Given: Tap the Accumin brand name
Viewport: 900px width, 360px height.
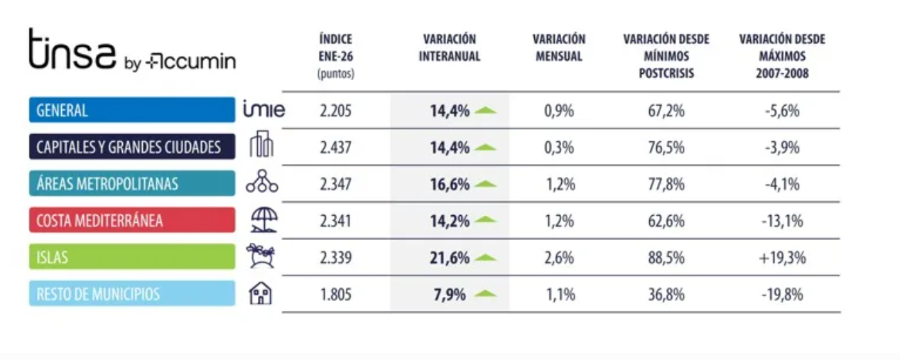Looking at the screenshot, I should click(x=190, y=62).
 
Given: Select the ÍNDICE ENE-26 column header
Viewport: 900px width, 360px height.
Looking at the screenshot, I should click(x=335, y=55).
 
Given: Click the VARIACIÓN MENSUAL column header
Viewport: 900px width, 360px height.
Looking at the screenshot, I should click(x=559, y=48).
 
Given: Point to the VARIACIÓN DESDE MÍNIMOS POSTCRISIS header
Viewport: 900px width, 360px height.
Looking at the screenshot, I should click(x=666, y=55).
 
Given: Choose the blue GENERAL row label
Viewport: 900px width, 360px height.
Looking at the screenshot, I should click(x=131, y=110).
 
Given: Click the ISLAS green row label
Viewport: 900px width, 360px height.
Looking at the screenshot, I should click(x=131, y=257).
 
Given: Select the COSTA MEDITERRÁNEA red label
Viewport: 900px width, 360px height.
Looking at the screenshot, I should click(x=131, y=220).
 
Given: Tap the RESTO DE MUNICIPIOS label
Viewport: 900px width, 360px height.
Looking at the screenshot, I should click(x=131, y=294).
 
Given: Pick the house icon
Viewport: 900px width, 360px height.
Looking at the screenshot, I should click(x=261, y=294).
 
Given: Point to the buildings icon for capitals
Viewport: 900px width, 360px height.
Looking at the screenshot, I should click(x=261, y=146).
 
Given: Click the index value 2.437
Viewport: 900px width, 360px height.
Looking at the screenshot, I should click(x=335, y=148).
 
